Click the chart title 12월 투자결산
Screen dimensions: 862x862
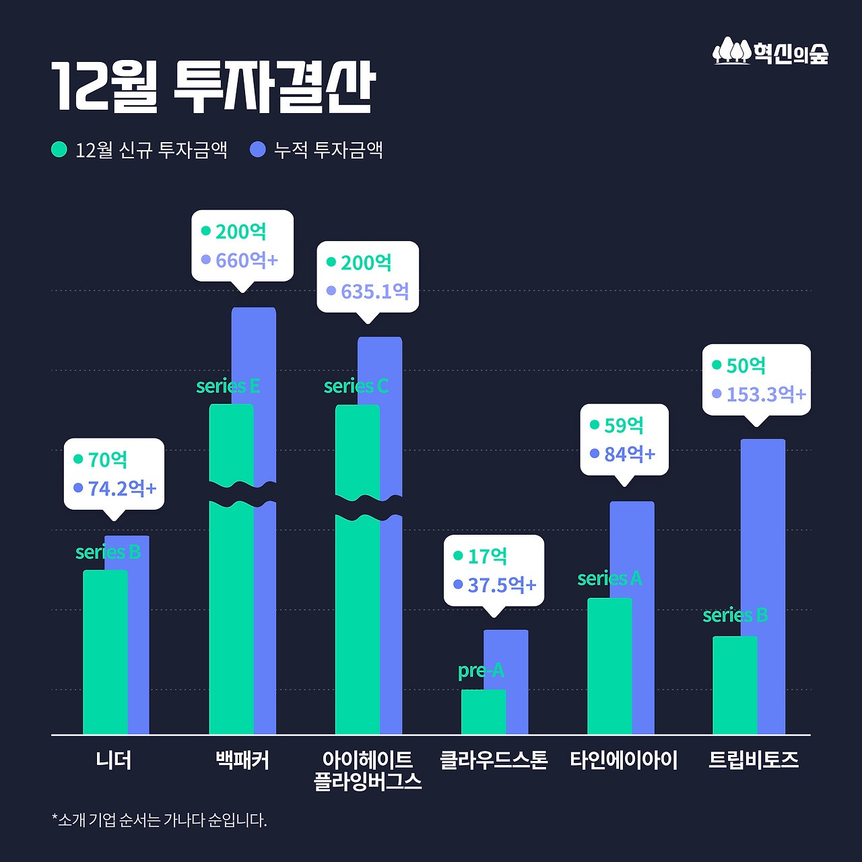coord(213,88)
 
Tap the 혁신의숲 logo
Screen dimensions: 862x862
coord(770,52)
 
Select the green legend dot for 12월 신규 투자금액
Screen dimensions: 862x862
coord(59,150)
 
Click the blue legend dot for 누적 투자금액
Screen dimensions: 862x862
coord(258,150)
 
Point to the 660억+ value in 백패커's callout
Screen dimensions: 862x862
coord(246,260)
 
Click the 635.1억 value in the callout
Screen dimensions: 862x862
coord(374,292)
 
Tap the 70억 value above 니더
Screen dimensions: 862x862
coord(108,459)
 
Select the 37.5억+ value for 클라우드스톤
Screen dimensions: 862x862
coord(502,585)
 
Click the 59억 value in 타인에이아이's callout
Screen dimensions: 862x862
coord(624,426)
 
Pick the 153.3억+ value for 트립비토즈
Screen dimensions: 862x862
coord(766,394)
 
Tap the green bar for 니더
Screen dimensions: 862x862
coord(104,653)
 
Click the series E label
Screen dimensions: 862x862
coord(228,386)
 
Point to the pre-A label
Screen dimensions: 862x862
coord(481,670)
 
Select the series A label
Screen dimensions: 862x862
coord(609,578)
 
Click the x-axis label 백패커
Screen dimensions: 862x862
coord(242,760)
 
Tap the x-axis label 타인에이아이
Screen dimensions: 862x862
coord(624,760)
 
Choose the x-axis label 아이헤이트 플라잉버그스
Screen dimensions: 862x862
coord(368,770)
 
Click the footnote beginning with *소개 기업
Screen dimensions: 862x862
coord(160,820)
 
